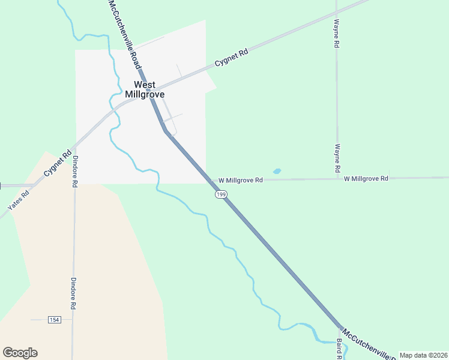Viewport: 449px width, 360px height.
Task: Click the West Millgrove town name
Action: [145, 89]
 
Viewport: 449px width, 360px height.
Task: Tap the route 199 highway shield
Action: [221, 194]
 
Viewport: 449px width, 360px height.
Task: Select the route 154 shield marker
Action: [55, 319]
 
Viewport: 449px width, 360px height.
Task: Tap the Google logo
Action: [20, 353]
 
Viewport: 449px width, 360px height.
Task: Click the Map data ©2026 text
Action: [423, 355]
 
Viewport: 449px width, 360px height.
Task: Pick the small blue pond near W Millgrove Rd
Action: [277, 171]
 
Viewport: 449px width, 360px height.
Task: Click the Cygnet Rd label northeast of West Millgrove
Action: [231, 58]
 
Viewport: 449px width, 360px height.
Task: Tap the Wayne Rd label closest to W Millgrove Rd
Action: [337, 156]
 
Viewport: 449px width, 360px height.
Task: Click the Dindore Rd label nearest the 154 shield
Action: [73, 293]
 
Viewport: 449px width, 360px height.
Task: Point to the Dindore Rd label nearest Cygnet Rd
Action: [75, 172]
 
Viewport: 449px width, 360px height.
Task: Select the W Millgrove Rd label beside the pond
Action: [241, 180]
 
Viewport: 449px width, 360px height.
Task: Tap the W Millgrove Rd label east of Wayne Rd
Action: [366, 178]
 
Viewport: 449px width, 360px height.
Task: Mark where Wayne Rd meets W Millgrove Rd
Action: [337, 179]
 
